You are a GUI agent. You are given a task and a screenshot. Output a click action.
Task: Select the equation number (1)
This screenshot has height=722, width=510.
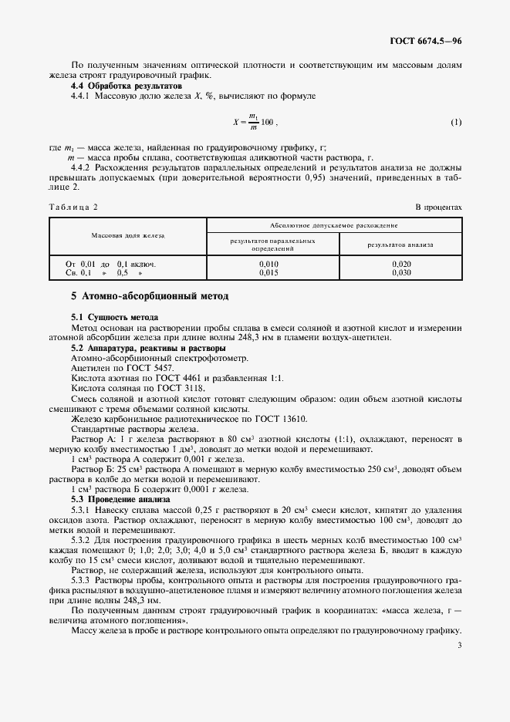456,123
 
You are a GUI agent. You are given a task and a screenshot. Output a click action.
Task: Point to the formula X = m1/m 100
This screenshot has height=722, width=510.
255,123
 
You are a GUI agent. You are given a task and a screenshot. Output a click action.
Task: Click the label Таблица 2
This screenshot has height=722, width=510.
73,207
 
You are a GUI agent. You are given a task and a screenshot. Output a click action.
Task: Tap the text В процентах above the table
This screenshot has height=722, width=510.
438,207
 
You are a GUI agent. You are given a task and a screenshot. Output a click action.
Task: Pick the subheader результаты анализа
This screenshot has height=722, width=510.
400,245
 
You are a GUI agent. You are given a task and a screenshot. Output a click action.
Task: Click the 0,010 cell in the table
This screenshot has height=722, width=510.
269,264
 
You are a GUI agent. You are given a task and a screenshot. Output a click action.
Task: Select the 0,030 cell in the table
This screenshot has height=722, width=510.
400,272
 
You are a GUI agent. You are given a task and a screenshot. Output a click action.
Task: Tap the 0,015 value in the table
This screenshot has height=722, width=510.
269,272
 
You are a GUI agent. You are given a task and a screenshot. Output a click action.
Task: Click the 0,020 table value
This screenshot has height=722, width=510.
400,264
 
